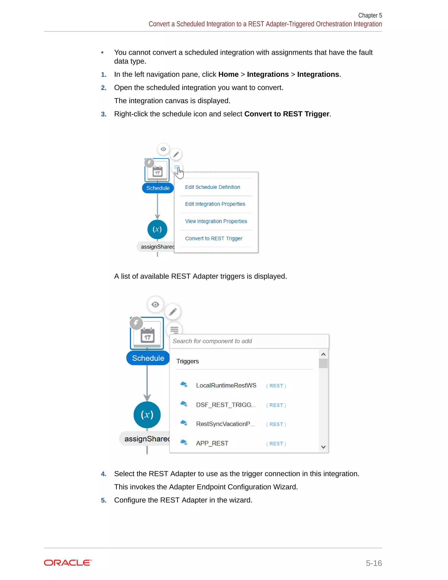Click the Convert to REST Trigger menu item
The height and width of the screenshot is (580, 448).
pyautogui.click(x=214, y=239)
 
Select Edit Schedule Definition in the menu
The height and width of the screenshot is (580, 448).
pyautogui.click(x=212, y=187)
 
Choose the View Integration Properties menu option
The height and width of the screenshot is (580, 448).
pyautogui.click(x=216, y=221)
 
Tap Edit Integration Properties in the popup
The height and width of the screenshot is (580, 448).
pyautogui.click(x=215, y=204)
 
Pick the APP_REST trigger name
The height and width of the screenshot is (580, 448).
pyautogui.click(x=212, y=443)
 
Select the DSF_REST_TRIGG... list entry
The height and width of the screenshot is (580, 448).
pyautogui.click(x=226, y=405)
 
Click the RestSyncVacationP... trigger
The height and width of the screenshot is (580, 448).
pyautogui.click(x=225, y=424)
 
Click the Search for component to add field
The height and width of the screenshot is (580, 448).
pyautogui.click(x=249, y=341)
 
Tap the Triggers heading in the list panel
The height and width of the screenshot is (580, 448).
pyautogui.click(x=187, y=361)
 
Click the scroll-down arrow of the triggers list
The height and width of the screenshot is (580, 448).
pyautogui.click(x=323, y=447)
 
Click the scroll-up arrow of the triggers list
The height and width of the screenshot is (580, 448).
pyautogui.click(x=323, y=355)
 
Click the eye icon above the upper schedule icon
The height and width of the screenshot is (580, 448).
pyautogui.click(x=163, y=149)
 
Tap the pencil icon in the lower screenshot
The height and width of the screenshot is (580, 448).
pyautogui.click(x=173, y=312)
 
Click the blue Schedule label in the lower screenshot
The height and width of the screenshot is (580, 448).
pyautogui.click(x=148, y=358)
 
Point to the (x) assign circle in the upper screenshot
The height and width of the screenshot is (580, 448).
pyautogui.click(x=157, y=229)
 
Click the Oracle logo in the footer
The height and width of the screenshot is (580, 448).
pyautogui.click(x=68, y=563)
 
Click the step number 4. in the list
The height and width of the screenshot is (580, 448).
pyautogui.click(x=103, y=474)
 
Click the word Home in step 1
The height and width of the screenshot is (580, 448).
pyautogui.click(x=228, y=74)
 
